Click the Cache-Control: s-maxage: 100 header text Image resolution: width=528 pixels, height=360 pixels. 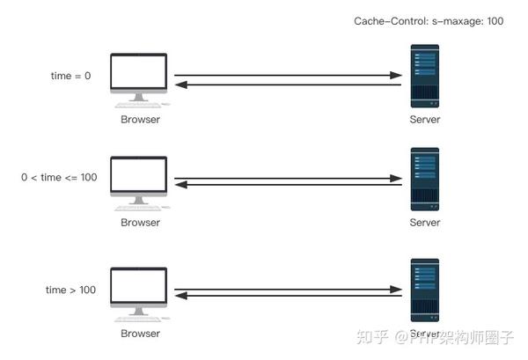pos(429,20)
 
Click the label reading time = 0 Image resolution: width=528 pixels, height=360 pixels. pos(70,76)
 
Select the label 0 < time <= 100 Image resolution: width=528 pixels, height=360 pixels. pos(59,177)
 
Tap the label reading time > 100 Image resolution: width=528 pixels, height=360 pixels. pos(71,290)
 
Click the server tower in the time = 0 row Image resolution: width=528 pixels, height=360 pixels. pos(425,77)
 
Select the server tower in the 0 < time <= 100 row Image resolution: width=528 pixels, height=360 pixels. pos(425,180)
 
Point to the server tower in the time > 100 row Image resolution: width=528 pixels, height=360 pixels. pos(425,291)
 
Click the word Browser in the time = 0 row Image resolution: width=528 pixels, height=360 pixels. pos(141,120)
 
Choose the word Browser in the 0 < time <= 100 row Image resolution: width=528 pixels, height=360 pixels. pos(141,223)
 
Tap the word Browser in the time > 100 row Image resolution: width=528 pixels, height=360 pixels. pos(141,334)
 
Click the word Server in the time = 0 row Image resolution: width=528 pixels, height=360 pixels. pos(425,120)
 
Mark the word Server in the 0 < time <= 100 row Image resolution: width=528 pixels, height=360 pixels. pos(425,223)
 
